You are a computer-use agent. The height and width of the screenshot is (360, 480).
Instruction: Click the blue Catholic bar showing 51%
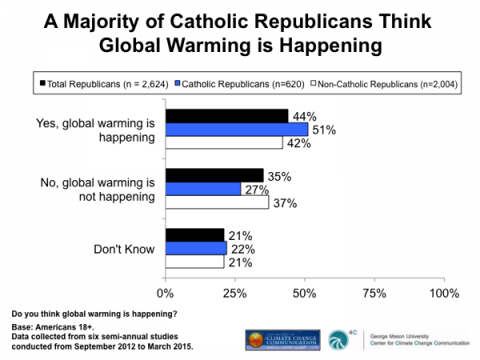point(237,130)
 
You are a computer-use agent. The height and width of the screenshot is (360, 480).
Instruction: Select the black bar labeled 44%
point(226,116)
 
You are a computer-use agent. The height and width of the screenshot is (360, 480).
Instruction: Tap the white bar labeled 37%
point(217,202)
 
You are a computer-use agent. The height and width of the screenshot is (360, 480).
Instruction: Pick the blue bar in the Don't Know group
point(196,249)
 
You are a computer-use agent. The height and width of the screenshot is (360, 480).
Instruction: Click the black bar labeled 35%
point(214,175)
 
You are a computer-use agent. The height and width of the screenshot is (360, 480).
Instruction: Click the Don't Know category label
point(123,249)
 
